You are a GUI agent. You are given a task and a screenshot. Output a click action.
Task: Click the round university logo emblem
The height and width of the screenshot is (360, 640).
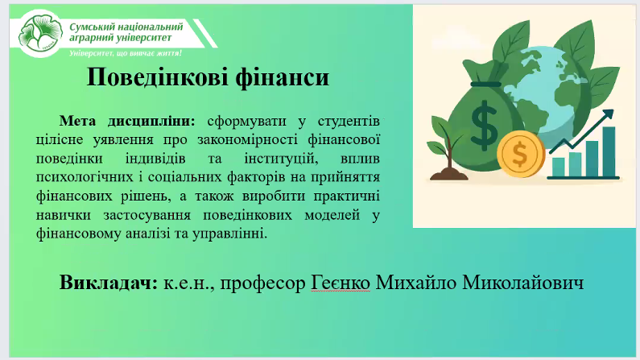(40, 34)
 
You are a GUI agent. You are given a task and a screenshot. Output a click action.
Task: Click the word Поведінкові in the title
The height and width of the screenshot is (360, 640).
(157, 77)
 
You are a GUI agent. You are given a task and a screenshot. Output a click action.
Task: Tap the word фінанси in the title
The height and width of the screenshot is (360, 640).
(283, 77)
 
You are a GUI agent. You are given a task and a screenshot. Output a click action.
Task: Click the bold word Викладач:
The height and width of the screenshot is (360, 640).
(108, 282)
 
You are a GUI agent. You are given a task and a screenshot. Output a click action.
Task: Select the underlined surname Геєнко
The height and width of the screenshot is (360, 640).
(341, 283)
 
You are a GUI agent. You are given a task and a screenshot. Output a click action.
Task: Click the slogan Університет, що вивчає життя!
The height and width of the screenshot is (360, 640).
(126, 53)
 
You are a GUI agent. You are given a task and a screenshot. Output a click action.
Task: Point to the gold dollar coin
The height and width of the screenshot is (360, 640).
(521, 155)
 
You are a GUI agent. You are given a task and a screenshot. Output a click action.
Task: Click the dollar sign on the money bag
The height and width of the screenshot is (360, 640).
(485, 125)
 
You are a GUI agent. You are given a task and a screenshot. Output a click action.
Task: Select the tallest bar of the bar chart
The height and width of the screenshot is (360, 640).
(609, 151)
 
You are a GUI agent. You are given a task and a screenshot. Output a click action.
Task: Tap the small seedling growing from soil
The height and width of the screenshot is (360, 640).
(447, 149)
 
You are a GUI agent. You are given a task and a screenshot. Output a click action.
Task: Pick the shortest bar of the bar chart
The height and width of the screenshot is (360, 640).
(559, 168)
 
